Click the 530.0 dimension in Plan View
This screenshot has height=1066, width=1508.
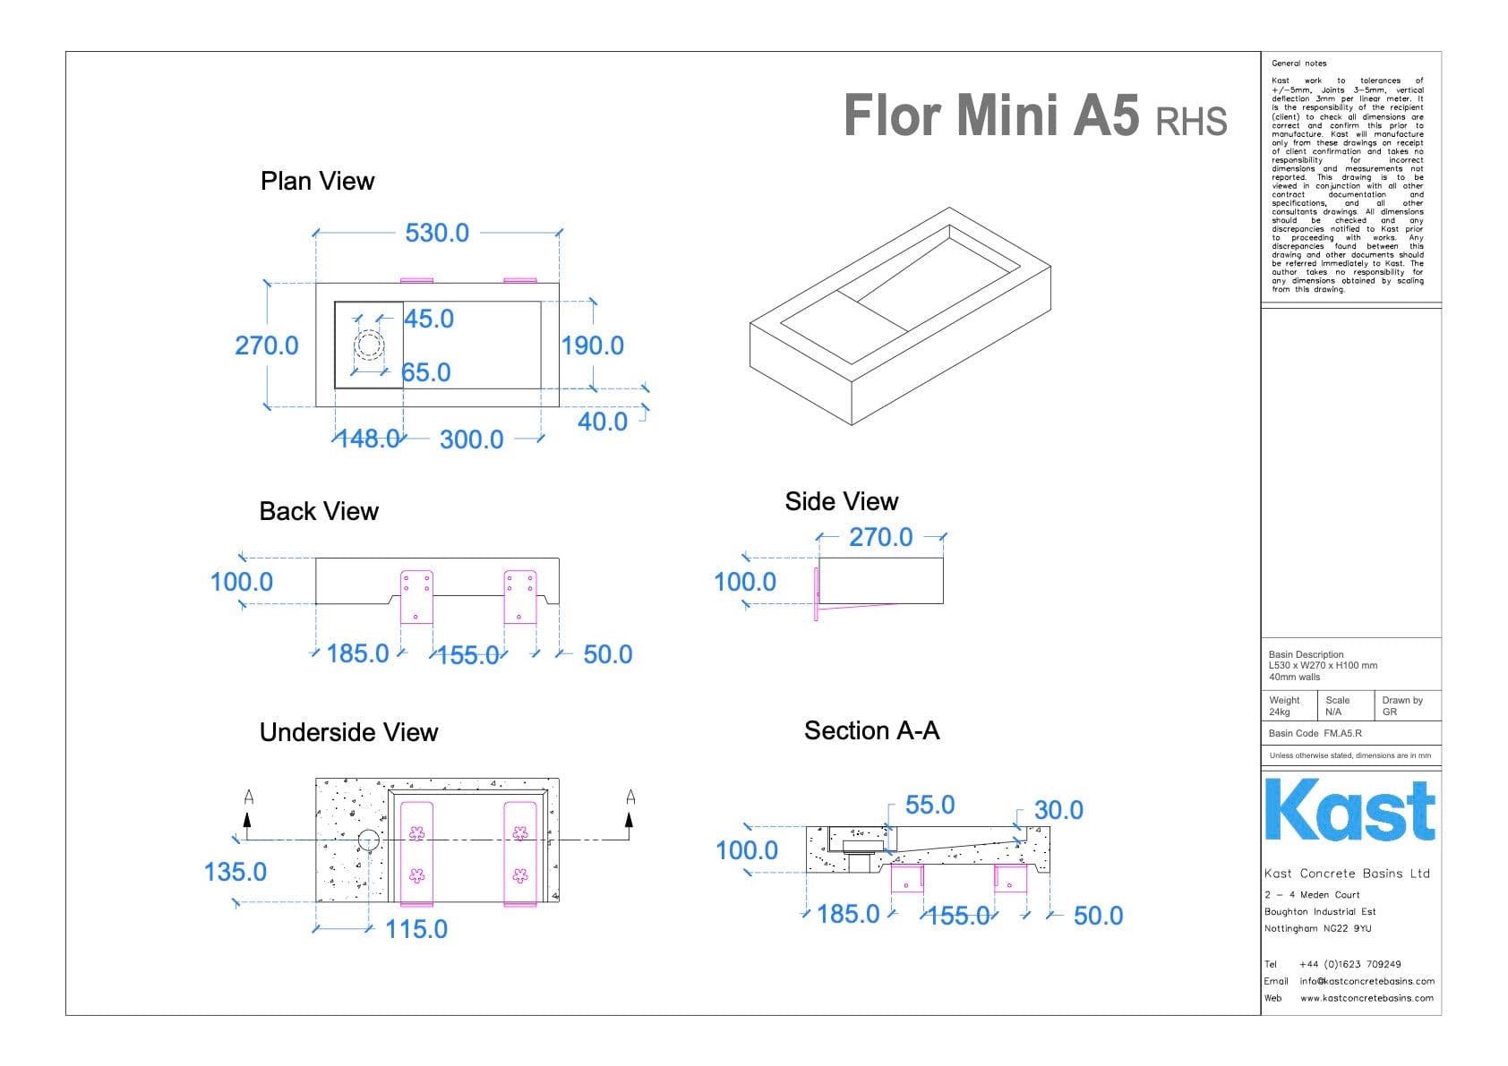tap(437, 233)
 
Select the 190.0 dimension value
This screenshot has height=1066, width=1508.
tap(592, 345)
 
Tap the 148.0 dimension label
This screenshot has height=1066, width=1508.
tap(368, 439)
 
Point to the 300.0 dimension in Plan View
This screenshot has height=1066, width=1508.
tap(471, 439)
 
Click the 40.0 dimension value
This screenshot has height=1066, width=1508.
tap(603, 422)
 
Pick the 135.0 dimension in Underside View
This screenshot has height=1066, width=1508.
tap(236, 872)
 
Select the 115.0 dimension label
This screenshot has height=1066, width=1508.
tap(416, 929)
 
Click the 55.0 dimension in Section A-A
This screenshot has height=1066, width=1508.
tap(930, 805)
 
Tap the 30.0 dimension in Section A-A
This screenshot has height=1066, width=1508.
tap(1058, 810)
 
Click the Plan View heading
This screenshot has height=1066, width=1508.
tap(318, 181)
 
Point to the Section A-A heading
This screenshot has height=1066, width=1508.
tap(871, 730)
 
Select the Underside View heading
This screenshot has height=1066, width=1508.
tap(349, 732)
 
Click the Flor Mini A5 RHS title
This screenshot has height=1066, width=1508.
tap(1034, 116)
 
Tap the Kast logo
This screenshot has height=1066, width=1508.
tap(1349, 810)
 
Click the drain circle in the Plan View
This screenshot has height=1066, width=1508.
tap(369, 345)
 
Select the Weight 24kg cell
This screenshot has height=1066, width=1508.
tap(1286, 706)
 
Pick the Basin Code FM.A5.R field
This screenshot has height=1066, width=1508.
tap(1315, 733)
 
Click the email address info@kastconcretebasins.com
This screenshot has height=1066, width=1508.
tap(1367, 981)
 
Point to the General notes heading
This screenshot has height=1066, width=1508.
tap(1299, 64)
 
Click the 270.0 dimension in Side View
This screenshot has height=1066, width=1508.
tap(880, 537)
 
